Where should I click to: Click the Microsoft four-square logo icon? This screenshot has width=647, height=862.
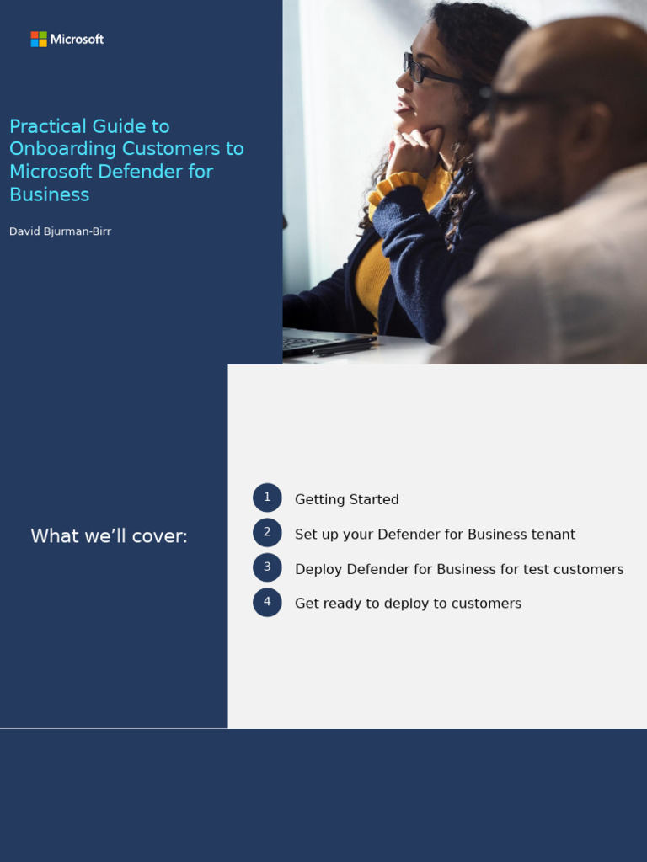click(39, 40)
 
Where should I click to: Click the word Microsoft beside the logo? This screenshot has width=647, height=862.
click(77, 40)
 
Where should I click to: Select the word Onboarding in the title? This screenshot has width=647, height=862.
click(63, 149)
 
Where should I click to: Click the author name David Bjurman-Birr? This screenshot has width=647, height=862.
click(60, 231)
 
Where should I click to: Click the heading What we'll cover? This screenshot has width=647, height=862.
click(109, 536)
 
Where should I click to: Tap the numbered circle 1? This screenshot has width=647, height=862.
click(267, 498)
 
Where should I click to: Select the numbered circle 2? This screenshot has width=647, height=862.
click(267, 533)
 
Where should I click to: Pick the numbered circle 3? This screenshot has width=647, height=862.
click(267, 567)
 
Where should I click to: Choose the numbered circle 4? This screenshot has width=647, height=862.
click(267, 602)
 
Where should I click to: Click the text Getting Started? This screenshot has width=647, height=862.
click(346, 499)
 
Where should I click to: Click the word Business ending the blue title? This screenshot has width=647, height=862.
click(49, 194)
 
